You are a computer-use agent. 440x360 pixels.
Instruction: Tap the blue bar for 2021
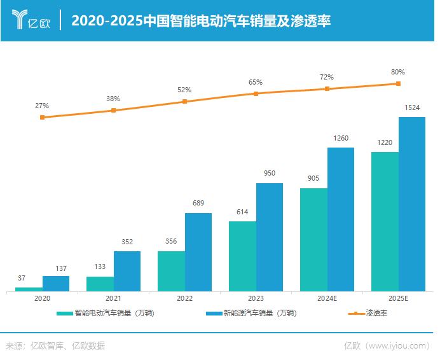pyautogui.click(x=127, y=272)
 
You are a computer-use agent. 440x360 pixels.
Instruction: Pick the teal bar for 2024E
pyautogui.click(x=313, y=240)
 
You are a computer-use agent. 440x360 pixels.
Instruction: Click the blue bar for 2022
pyautogui.click(x=198, y=253)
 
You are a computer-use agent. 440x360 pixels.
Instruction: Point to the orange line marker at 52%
pyautogui.click(x=185, y=101)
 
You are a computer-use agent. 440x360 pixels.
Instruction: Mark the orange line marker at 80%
pyautogui.click(x=398, y=83)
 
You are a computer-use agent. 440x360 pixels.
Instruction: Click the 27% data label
pyautogui.click(x=42, y=106)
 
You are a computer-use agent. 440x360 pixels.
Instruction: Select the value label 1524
pyautogui.click(x=412, y=109)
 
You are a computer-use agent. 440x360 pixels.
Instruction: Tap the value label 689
pyautogui.click(x=198, y=204)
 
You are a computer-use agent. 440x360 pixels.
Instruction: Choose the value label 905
pyautogui.click(x=313, y=179)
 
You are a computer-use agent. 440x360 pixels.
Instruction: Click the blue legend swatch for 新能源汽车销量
pyautogui.click(x=214, y=314)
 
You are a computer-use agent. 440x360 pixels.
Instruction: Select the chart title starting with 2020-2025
pyautogui.click(x=200, y=21)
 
